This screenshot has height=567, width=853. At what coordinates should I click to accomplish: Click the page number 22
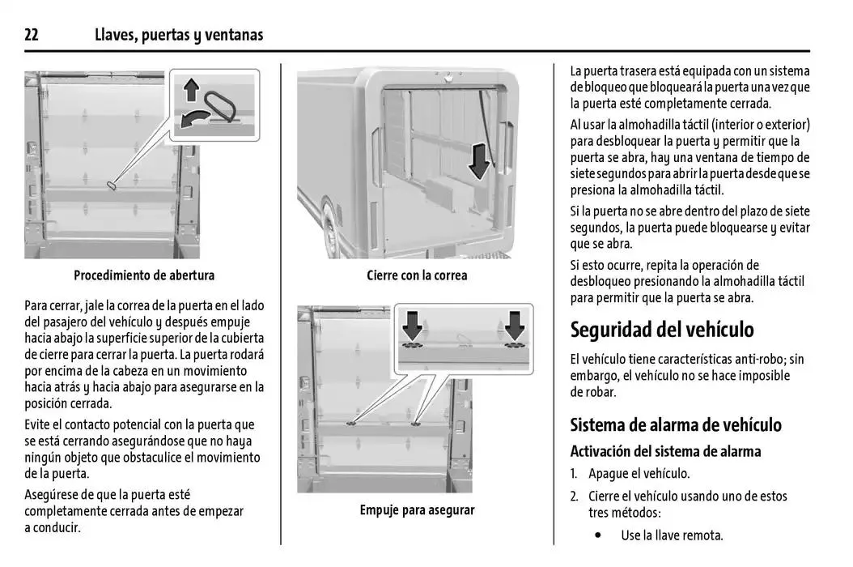tap(32, 35)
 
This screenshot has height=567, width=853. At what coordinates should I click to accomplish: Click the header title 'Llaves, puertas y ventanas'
tap(179, 35)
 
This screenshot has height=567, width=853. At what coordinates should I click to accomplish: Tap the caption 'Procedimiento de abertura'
tap(144, 275)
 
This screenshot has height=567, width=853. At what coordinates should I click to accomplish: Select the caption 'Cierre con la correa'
tap(417, 275)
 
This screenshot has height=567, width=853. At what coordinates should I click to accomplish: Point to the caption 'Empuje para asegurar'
tap(417, 510)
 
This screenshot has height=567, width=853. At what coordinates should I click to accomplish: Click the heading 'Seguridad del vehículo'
tap(662, 330)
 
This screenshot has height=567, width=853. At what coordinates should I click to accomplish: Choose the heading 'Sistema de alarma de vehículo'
tap(676, 425)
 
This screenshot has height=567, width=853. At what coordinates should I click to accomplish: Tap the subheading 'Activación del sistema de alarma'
tap(665, 451)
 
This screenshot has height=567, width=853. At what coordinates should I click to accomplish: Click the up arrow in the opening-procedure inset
tap(191, 88)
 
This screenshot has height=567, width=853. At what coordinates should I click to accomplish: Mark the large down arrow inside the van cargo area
tap(479, 160)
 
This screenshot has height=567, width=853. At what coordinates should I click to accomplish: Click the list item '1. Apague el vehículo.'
tap(630, 474)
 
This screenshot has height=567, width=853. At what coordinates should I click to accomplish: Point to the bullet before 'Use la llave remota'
tap(598, 535)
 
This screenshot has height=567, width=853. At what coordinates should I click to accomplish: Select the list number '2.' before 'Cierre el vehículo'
tap(574, 496)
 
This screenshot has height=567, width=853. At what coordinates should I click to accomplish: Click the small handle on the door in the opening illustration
tap(112, 185)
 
